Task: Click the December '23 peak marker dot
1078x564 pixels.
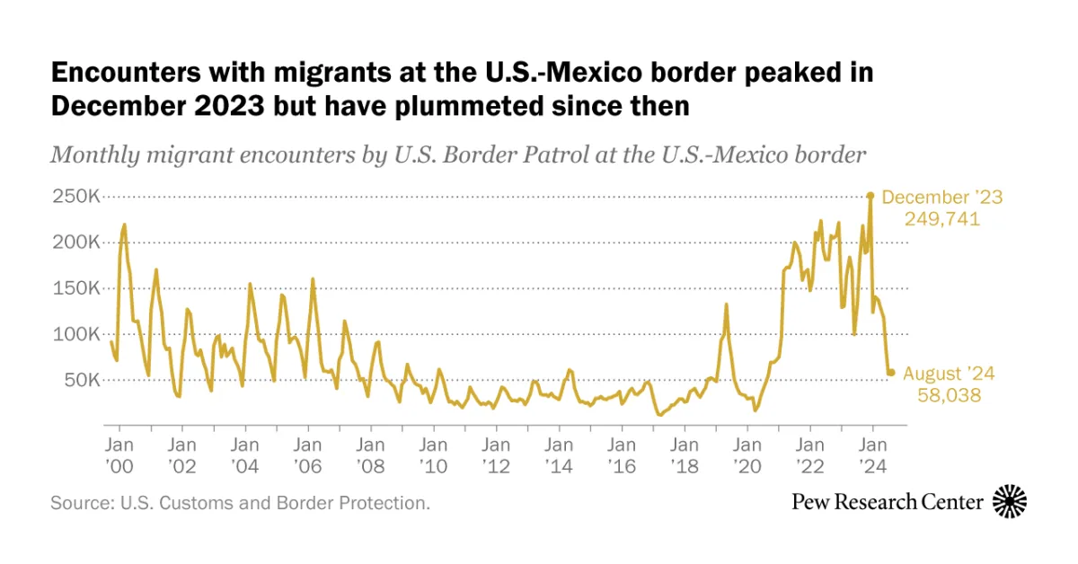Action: (x=870, y=196)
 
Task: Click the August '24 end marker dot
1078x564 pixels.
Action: (x=891, y=372)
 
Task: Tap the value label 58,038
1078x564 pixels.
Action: (x=948, y=395)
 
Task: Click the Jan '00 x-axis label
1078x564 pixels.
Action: (x=119, y=454)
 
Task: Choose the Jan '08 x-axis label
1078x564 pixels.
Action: (x=371, y=454)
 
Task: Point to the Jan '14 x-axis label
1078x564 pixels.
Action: (x=560, y=454)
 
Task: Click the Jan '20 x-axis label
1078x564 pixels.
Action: (x=747, y=454)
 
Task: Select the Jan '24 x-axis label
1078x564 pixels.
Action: (x=873, y=454)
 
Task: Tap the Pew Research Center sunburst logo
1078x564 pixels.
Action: (x=1010, y=501)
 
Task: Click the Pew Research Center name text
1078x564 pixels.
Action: (x=887, y=502)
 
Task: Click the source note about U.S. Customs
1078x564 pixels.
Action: (x=241, y=503)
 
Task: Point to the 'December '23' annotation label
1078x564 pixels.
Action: (x=941, y=198)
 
